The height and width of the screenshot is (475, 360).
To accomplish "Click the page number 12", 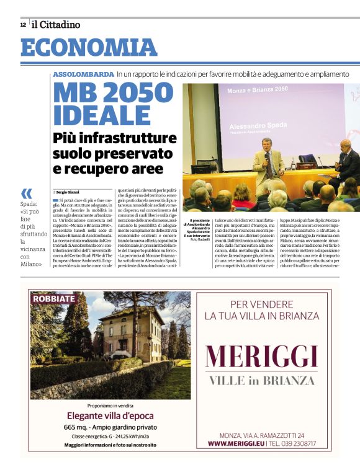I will tap(23, 25).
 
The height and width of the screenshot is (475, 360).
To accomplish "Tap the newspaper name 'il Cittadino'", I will tap(56, 25).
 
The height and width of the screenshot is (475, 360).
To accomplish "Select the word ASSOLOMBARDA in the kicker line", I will tap(83, 74).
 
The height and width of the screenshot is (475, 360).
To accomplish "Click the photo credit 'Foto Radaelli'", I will tap(201, 239).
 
